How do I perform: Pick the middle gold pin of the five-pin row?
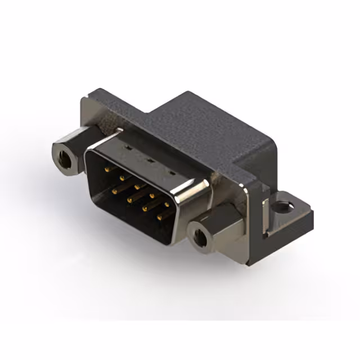(136, 184)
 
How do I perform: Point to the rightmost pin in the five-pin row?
(166, 201)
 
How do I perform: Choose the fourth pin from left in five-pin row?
(151, 192)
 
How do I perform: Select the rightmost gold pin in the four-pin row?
(159, 216)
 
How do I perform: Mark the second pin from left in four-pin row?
(129, 199)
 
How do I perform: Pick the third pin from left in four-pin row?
(145, 208)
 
